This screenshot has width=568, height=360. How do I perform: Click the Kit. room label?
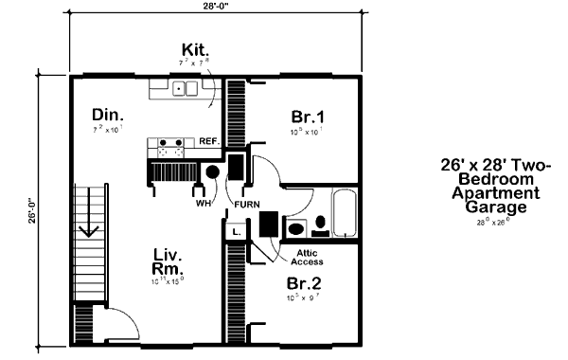(x=198, y=49)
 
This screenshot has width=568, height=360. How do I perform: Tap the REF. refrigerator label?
(x=209, y=141)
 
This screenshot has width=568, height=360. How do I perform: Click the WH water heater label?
(x=202, y=203)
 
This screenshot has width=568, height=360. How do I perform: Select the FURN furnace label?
(x=248, y=203)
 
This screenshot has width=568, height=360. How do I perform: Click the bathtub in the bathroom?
(x=344, y=214)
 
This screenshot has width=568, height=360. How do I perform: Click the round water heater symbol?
(x=212, y=172)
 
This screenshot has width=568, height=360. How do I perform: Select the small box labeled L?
(x=235, y=230)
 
